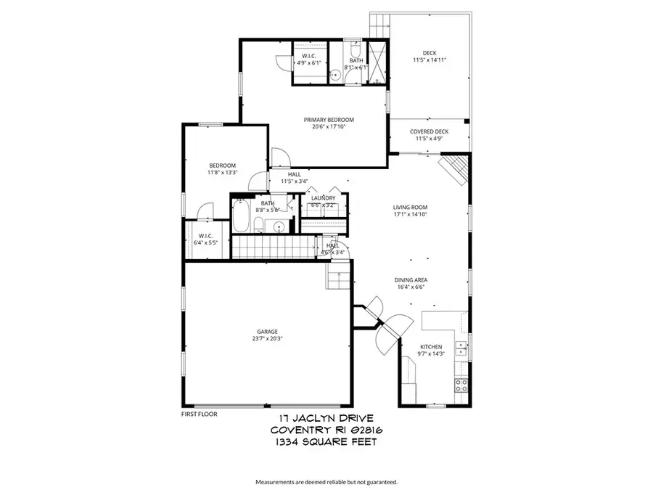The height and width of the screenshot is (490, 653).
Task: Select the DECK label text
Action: point(430,52)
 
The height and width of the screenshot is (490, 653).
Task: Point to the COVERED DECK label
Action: point(432,131)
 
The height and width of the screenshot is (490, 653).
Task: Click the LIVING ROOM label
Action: point(410,206)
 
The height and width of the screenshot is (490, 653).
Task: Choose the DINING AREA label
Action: point(410,279)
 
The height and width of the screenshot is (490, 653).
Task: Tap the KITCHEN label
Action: point(430,347)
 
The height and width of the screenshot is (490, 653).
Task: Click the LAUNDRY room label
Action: point(323,198)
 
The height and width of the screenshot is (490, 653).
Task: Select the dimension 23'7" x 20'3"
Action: point(268,339)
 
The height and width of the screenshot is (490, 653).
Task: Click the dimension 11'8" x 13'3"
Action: point(223,173)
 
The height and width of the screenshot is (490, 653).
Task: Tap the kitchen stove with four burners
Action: point(460,385)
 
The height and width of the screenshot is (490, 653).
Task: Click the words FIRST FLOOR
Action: point(199,414)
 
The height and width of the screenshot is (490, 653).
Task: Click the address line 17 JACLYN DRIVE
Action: point(326,419)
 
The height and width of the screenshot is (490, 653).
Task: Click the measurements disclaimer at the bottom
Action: point(326,481)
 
